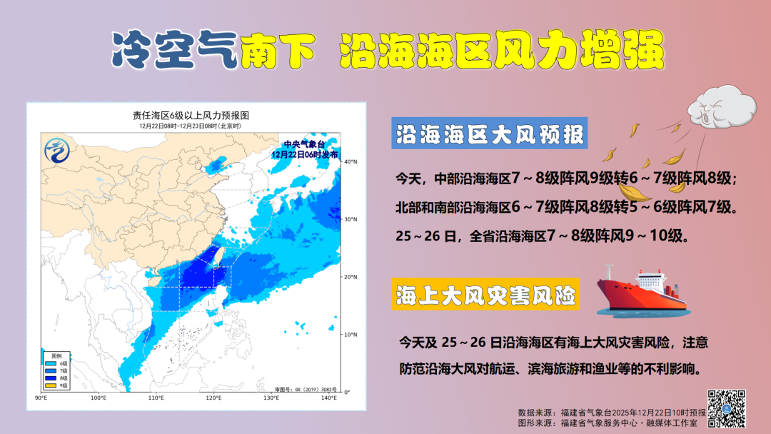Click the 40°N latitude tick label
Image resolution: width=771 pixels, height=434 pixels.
[x=350, y=162]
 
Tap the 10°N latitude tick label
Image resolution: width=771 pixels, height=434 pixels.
[x=350, y=334]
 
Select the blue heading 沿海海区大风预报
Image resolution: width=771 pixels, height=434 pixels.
[x=489, y=134]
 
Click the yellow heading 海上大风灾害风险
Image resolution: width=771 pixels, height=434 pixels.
[x=486, y=294]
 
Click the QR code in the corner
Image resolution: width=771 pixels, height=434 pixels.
[x=727, y=409]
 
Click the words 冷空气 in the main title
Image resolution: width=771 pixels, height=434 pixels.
[x=174, y=49]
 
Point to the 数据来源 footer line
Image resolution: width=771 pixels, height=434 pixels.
[x=611, y=413]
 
